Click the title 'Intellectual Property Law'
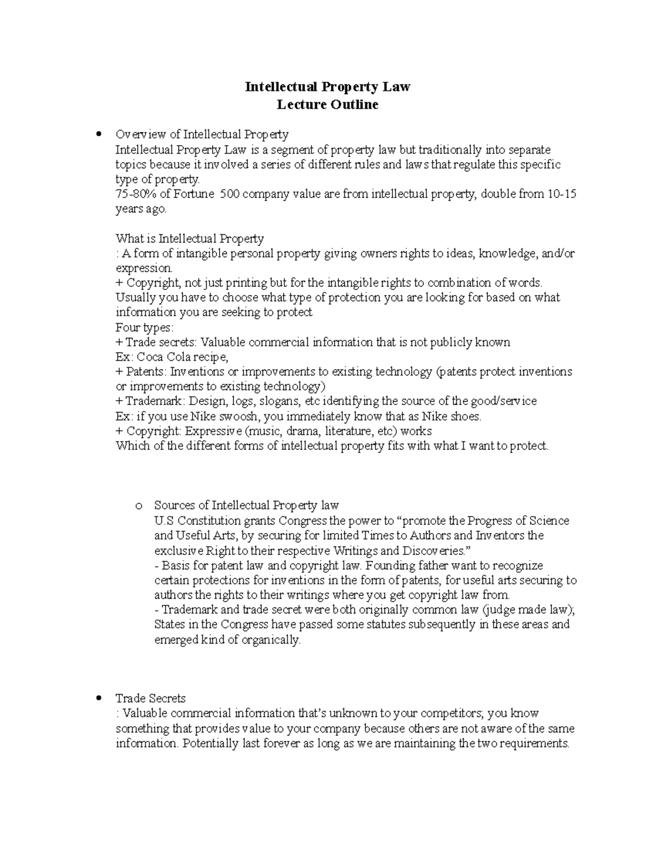pyautogui.click(x=327, y=86)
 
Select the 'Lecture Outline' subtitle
pyautogui.click(x=327, y=105)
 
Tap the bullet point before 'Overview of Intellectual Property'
pyautogui.click(x=98, y=134)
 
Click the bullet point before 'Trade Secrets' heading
pyautogui.click(x=98, y=698)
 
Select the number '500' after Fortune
pyautogui.click(x=229, y=194)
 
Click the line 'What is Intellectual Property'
pyautogui.click(x=190, y=239)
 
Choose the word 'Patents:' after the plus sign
pyautogui.click(x=147, y=372)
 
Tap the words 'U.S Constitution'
pyautogui.click(x=197, y=521)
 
